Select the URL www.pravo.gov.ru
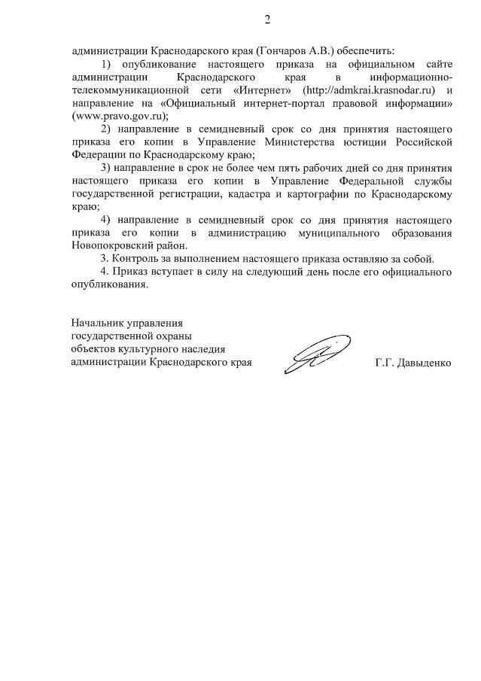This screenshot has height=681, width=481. click(117, 117)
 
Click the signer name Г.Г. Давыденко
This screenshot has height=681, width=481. click(413, 363)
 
